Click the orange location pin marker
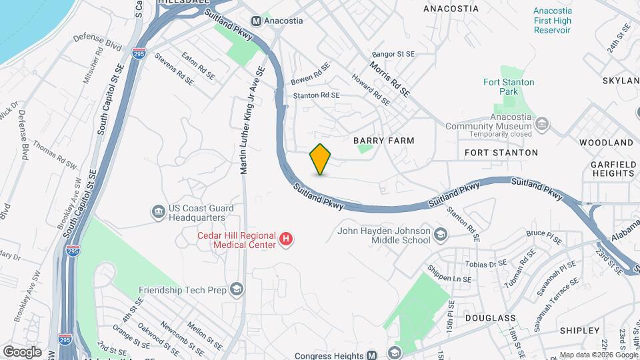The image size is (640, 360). [321, 159]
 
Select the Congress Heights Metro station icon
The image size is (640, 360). [373, 355]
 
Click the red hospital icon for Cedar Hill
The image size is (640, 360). [286, 238]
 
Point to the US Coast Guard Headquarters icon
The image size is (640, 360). [159, 212]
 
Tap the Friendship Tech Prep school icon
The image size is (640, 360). [236, 289]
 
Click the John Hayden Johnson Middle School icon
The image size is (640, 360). [440, 234]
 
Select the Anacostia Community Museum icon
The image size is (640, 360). [542, 124]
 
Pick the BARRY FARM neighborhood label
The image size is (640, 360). [383, 141]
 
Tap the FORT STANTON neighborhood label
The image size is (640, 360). [501, 153]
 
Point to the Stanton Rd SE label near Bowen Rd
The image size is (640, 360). [317, 95]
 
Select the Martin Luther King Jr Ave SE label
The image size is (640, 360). [253, 120]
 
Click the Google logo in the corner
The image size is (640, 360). [22, 352]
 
